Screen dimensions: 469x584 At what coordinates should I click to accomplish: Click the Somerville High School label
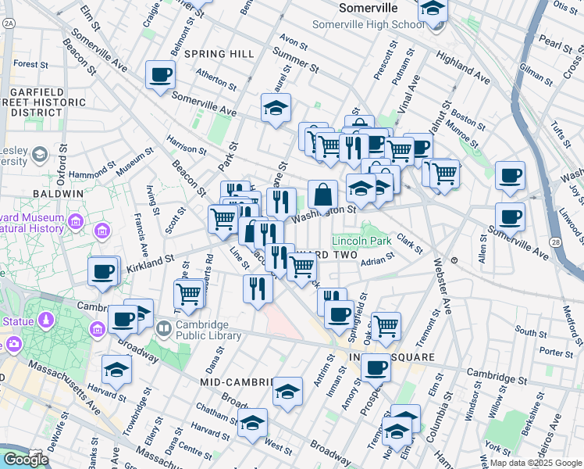click(369, 24)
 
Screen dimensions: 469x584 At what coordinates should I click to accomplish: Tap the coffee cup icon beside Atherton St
click(160, 76)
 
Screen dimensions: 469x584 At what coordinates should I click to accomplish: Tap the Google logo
click(26, 460)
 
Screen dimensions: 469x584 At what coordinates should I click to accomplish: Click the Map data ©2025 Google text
click(536, 463)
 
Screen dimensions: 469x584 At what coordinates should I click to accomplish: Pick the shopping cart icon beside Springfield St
click(386, 326)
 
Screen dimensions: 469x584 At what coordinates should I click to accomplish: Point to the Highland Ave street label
click(463, 69)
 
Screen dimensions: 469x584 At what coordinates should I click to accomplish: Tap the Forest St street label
click(31, 63)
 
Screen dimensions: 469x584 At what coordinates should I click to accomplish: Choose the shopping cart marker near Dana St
click(189, 295)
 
